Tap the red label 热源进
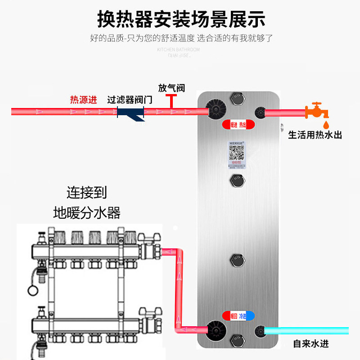[x=83, y=100]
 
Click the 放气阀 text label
[x=171, y=88]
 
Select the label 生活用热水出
[x=315, y=135]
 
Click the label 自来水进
[x=311, y=344]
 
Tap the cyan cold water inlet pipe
[x=306, y=331]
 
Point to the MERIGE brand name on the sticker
[x=237, y=144]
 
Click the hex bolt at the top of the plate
[x=237, y=98]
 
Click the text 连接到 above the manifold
[x=87, y=193]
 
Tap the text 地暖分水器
[x=87, y=212]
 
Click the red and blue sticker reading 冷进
[x=243, y=317]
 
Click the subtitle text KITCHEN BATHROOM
[x=178, y=49]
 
